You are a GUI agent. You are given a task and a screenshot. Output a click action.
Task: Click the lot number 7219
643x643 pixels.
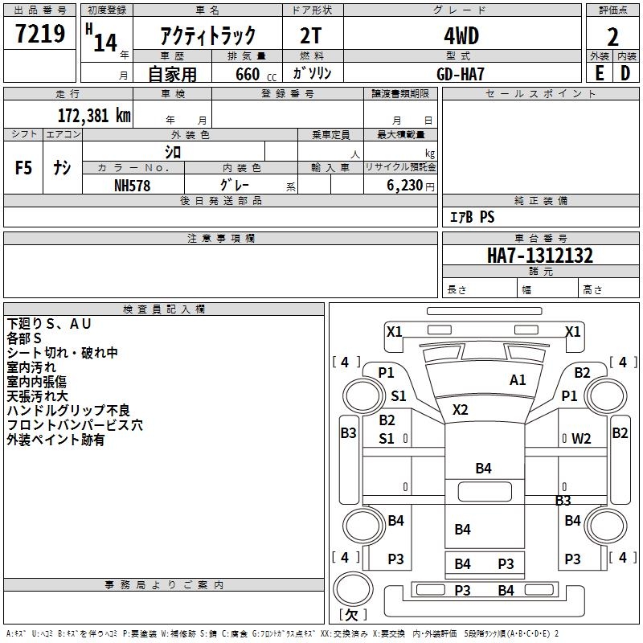[40, 34]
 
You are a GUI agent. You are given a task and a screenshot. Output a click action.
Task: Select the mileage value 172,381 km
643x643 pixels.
[94, 115]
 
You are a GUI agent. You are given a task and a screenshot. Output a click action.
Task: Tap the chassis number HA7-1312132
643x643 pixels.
[540, 256]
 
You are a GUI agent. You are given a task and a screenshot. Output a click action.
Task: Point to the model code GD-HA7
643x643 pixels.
[461, 72]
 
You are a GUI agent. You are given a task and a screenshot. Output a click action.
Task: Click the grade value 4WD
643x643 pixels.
[461, 36]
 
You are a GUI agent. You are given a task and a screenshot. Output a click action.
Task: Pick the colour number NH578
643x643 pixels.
[133, 184]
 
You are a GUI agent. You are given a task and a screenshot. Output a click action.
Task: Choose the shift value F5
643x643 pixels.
[24, 167]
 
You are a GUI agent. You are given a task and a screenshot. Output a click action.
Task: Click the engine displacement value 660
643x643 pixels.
[247, 74]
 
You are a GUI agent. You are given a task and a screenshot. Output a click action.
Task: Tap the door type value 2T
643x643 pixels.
[313, 36]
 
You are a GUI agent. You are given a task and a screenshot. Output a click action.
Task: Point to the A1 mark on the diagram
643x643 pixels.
[518, 380]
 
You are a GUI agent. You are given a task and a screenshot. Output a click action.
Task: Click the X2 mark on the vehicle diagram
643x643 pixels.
[460, 409]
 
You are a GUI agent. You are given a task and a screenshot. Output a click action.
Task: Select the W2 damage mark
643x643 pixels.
[581, 439]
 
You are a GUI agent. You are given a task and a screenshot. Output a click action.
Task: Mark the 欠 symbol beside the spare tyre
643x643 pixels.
[351, 615]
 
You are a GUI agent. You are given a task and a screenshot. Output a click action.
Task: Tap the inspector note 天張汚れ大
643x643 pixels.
[39, 396]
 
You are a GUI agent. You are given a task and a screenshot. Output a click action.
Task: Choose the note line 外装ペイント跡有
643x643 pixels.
[55, 440]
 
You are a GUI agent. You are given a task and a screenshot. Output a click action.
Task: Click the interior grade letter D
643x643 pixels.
[625, 72]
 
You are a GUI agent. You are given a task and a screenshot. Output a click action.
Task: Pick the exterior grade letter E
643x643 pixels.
[599, 72]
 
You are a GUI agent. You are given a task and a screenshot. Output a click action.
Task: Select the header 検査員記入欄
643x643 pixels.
[164, 309]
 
